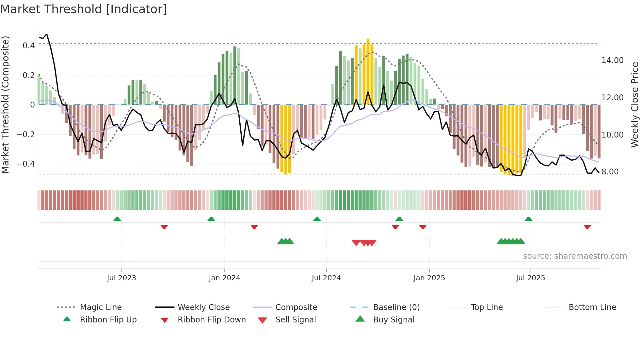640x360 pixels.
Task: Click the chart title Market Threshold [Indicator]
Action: tap(84, 9)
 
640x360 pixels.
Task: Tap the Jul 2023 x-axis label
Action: tap(121, 278)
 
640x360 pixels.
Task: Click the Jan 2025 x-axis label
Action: tap(429, 278)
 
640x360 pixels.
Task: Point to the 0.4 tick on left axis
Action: tap(29, 46)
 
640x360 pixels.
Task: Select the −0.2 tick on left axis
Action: tap(26, 135)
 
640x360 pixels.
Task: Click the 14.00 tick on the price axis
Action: tap(613, 60)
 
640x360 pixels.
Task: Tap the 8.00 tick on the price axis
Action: tap(610, 172)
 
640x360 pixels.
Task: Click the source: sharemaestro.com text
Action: tap(575, 256)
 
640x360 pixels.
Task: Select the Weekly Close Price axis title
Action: tap(634, 105)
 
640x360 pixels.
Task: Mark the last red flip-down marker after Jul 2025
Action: tap(587, 227)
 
